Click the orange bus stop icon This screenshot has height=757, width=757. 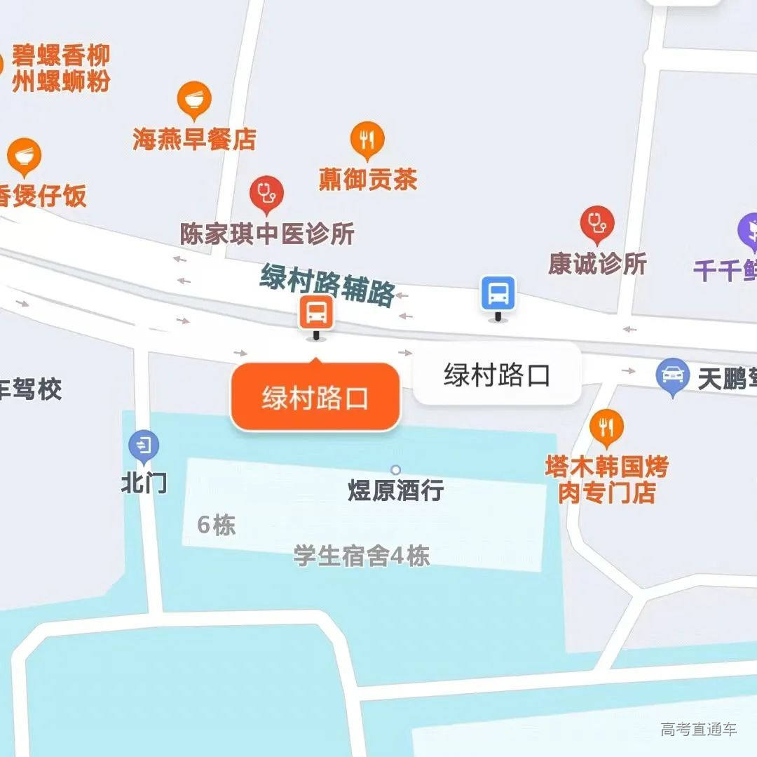point(316,312)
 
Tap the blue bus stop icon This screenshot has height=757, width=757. point(498,293)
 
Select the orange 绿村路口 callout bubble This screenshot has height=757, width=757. point(315,397)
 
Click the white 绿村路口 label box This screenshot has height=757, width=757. point(497,375)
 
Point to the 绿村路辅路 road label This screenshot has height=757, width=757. point(328,285)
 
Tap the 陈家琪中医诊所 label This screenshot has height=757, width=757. point(267,234)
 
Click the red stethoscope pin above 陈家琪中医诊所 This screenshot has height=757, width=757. point(266,192)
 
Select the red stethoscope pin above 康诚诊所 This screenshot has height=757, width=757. point(596,222)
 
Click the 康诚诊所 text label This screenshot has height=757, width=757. point(597,264)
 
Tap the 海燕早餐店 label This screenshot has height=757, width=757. point(194,138)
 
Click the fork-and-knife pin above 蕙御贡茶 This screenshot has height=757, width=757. point(367,138)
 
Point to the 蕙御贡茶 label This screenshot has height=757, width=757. point(368,179)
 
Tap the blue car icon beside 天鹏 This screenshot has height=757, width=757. point(673,375)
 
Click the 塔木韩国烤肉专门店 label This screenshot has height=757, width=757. point(606,479)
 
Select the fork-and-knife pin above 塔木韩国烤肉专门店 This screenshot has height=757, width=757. point(606,426)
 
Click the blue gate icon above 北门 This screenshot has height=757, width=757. point(144,445)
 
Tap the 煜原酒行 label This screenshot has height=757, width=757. point(395,490)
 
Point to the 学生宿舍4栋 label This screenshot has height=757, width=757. point(361,556)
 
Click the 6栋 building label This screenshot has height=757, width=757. point(217,525)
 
